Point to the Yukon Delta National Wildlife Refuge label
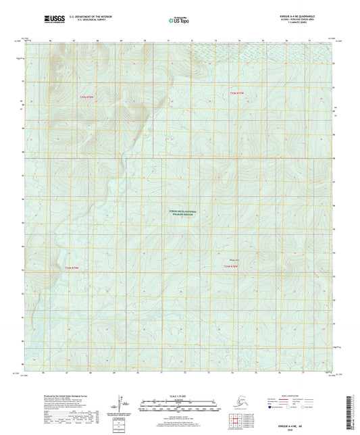pos(182,213)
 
